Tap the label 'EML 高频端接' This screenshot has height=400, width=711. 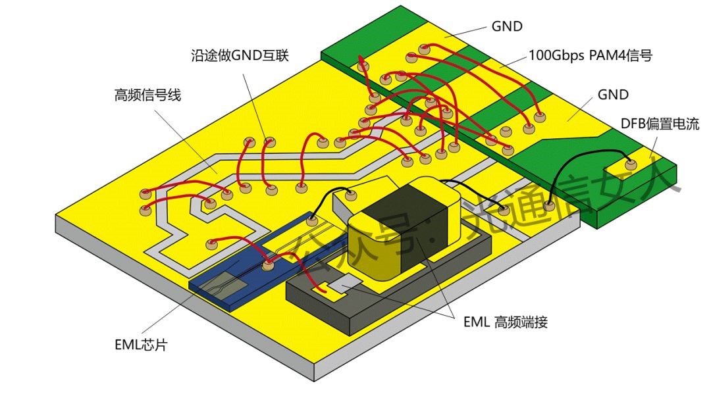[505, 322]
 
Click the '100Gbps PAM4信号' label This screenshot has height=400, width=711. [590, 56]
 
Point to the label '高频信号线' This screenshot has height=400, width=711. [147, 96]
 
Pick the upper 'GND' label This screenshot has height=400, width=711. [507, 27]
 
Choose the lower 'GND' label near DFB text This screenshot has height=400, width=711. [613, 95]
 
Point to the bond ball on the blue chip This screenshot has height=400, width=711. [267, 265]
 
